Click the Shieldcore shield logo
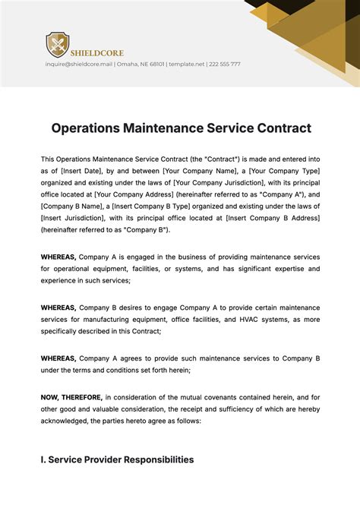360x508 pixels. (x=57, y=45)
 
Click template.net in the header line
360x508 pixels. (x=186, y=65)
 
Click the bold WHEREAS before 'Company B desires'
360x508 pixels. (x=58, y=307)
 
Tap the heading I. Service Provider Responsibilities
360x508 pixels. (x=117, y=459)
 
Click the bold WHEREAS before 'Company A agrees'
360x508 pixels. (x=58, y=358)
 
